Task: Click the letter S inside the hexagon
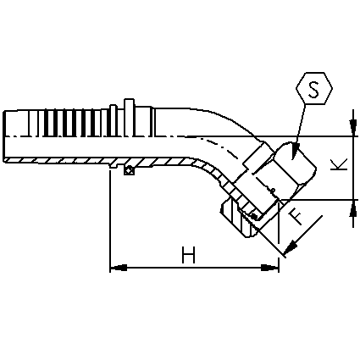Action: click(313, 89)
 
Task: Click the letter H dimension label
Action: click(188, 255)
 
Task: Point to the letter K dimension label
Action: click(339, 164)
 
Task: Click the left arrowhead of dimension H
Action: click(118, 268)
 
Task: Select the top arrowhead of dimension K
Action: click(353, 128)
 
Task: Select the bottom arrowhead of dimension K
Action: click(353, 208)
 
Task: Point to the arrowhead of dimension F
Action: click(291, 247)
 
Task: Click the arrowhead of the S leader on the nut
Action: click(295, 152)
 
